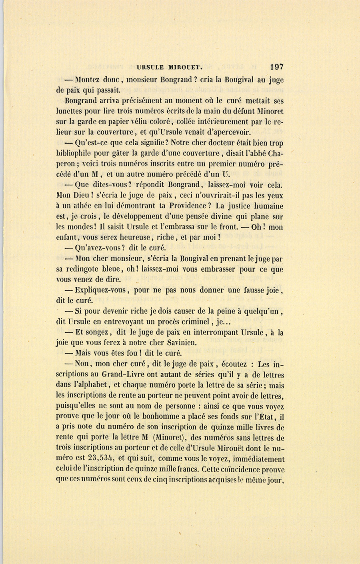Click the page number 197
276,67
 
